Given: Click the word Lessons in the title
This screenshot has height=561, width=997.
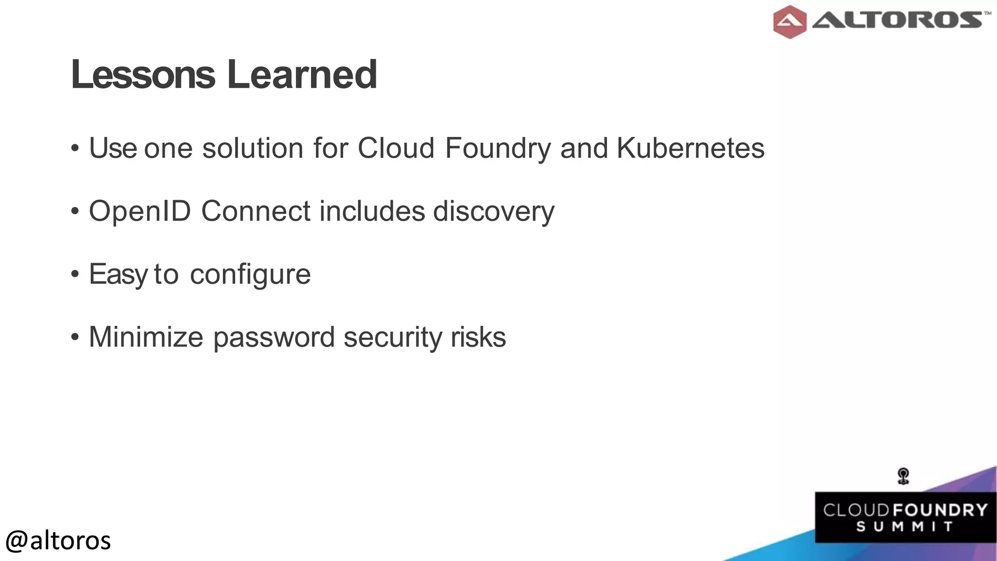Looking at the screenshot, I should tap(143, 75).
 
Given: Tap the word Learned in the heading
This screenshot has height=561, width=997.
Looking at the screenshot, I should tap(302, 75).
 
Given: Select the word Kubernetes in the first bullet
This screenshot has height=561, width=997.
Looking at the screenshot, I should tap(690, 148).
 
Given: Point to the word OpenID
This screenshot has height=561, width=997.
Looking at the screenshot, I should tap(140, 212).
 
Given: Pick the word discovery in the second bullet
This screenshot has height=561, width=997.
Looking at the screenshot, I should tap(494, 212).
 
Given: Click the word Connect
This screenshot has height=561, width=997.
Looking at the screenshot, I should tap(256, 211).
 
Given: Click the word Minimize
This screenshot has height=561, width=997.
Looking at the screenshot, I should tap(146, 337).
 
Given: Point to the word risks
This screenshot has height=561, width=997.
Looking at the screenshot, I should tap(478, 337).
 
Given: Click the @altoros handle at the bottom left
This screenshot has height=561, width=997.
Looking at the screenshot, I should tap(58, 541).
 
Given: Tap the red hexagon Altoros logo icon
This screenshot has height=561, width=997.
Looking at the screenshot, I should tap(789, 22).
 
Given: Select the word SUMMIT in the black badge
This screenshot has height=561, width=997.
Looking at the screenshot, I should tap(905, 527).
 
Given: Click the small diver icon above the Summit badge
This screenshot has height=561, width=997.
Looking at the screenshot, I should tap(904, 476).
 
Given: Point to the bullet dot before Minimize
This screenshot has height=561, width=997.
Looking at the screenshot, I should tap(74, 337).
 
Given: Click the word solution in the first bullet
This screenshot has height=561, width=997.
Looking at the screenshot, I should tap(253, 148).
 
